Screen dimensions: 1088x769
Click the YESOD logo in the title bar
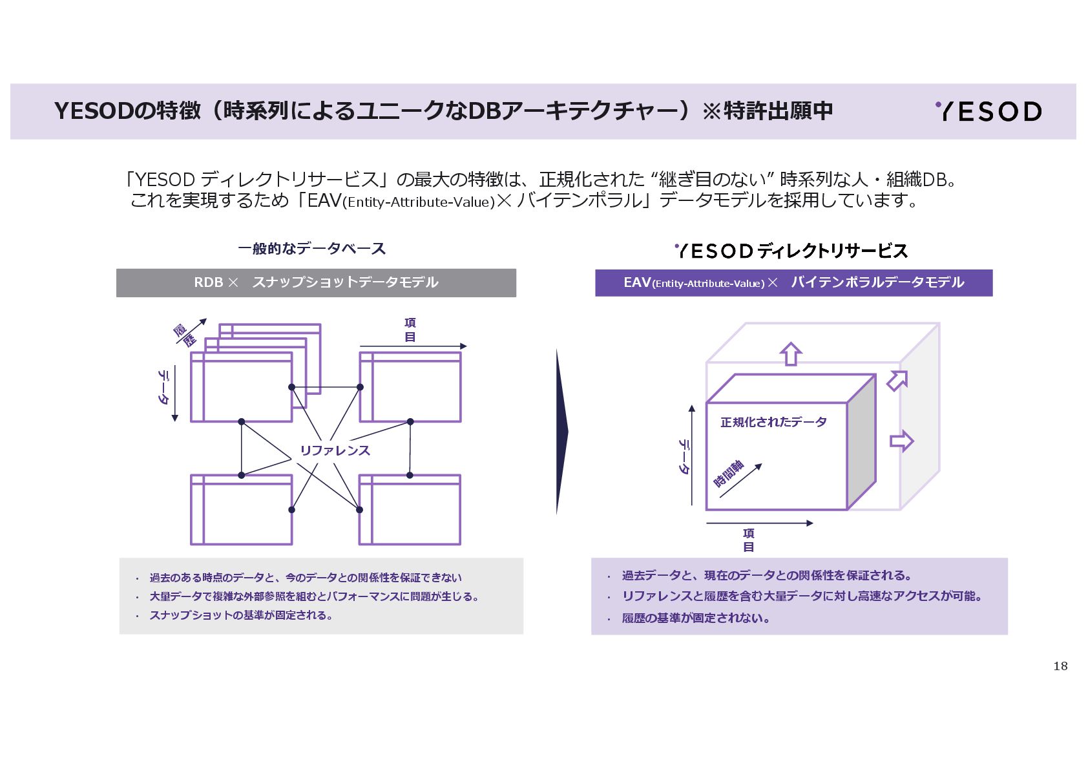[989, 111]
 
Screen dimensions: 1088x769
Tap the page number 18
[1060, 666]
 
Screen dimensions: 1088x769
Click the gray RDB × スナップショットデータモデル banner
[316, 282]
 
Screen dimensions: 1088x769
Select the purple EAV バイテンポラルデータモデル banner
[793, 282]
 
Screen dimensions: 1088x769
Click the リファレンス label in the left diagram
[335, 450]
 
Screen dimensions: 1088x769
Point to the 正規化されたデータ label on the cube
[773, 422]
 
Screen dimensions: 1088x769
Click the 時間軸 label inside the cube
[729, 474]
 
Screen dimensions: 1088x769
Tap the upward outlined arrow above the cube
[791, 354]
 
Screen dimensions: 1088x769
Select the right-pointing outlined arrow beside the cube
[901, 441]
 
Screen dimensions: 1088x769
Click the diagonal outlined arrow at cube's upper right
[897, 380]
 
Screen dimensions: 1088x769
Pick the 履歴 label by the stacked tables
[184, 335]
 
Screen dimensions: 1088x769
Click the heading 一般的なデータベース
[311, 249]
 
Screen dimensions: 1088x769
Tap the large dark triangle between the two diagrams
[561, 431]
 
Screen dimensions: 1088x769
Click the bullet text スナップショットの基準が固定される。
[241, 615]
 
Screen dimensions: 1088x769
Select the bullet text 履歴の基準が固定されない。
[696, 618]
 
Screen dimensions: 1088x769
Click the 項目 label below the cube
[748, 540]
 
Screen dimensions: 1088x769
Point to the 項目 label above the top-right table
[410, 330]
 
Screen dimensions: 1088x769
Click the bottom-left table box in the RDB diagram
[241, 511]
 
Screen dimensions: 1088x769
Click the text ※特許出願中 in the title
[768, 111]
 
